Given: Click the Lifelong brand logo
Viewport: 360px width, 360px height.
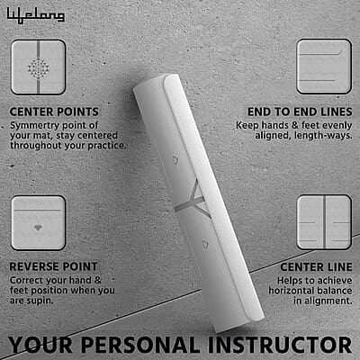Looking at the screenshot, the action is point(36,15).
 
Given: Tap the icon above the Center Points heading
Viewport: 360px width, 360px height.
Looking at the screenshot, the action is point(39,67).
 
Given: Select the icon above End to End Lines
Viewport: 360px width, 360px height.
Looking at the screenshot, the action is point(324,67).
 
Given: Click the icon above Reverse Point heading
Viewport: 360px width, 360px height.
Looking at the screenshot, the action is point(39,223).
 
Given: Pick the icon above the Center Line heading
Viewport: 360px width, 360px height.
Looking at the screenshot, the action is point(324,222).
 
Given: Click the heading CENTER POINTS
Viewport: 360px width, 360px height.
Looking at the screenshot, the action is point(54,112).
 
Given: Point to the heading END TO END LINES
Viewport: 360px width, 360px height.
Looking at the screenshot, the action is point(300,112).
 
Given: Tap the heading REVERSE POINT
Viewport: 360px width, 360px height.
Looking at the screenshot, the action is point(53,266).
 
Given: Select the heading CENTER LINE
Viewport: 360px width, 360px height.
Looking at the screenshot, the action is point(316,266).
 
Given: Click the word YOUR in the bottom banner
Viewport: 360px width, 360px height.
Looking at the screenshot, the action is point(40,345).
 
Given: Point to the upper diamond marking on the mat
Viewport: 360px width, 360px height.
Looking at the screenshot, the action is point(175,159).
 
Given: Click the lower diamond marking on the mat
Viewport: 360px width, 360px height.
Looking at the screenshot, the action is point(205,244).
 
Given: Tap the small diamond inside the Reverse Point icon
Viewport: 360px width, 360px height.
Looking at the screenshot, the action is point(38,228).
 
